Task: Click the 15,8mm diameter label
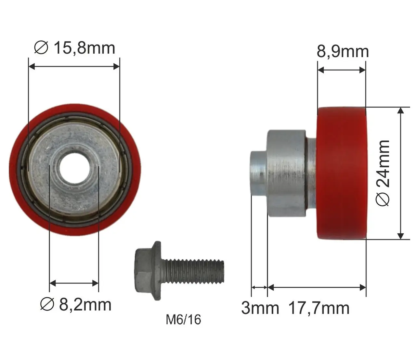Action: [x=74, y=48]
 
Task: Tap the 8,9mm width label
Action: [x=343, y=52]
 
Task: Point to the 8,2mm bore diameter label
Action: [x=76, y=304]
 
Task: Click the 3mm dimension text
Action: [x=260, y=308]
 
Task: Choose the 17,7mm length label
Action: [x=319, y=308]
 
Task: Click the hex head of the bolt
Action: [x=148, y=271]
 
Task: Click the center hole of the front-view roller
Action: [x=74, y=168]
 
